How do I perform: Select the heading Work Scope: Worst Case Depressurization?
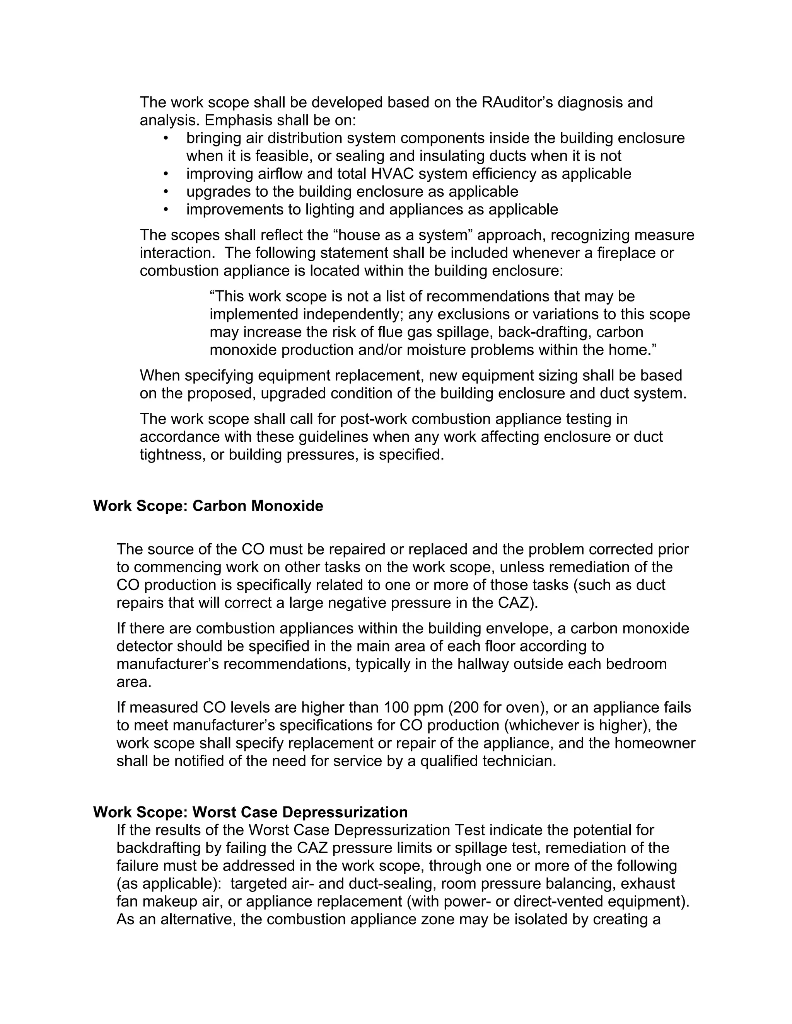click(250, 812)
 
